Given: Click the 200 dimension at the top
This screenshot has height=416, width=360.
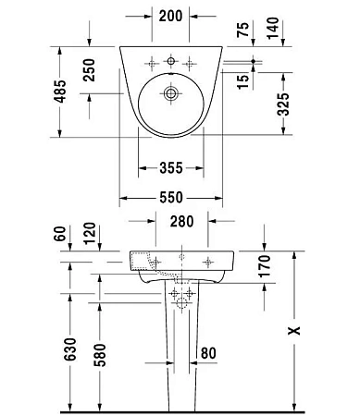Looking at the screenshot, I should [x=170, y=17].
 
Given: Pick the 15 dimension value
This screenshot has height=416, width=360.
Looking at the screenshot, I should [x=242, y=80].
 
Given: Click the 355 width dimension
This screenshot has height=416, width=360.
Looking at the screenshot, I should [x=169, y=168].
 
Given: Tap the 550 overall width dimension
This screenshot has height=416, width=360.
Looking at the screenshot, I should [x=169, y=197].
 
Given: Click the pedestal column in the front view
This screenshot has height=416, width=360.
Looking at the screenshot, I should [x=180, y=351].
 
